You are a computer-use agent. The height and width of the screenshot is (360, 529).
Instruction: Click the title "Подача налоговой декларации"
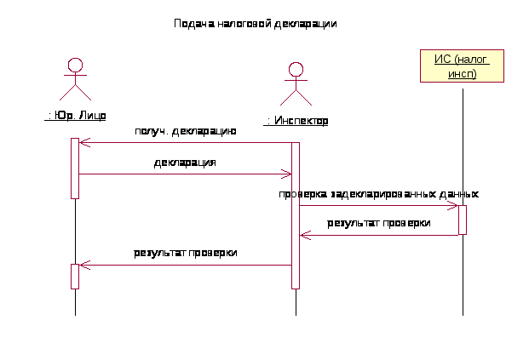point(256,24)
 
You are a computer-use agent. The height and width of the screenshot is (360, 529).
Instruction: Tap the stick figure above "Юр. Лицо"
point(75,81)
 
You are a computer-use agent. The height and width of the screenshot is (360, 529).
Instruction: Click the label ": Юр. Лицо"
point(75,115)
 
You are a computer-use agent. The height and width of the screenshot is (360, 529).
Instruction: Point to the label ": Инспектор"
point(296,122)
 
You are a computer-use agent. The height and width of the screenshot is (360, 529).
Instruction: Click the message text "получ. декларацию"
point(185,131)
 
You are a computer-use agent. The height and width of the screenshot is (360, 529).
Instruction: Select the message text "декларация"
point(185,162)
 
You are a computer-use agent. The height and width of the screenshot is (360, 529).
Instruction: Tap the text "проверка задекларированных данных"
point(378,194)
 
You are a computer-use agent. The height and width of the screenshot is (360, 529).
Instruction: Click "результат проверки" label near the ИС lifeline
point(379,223)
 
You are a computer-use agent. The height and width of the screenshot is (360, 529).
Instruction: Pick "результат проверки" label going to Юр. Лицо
point(185,253)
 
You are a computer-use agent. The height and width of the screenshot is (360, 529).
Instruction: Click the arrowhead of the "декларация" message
point(288,174)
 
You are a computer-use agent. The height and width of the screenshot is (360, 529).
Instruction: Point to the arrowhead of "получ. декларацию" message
point(83,143)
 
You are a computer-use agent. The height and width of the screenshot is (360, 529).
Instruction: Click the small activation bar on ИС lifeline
point(462,220)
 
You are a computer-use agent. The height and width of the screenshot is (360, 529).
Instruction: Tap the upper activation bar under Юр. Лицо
point(75,168)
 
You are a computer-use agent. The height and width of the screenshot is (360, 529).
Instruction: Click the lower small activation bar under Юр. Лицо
point(75,276)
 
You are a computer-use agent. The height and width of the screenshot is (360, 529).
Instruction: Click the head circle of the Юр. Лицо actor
point(75,65)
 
